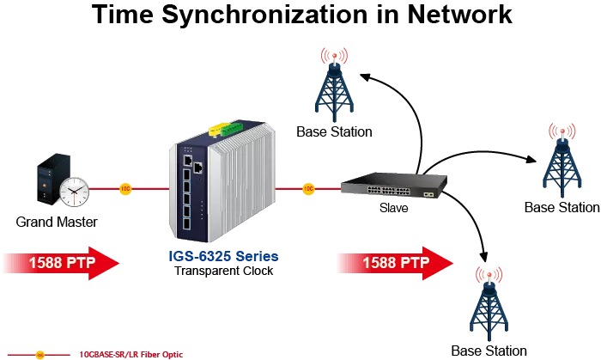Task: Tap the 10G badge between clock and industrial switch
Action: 124,188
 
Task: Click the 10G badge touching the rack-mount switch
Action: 308,187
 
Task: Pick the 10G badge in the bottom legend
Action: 39,353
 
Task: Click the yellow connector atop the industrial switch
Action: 214,131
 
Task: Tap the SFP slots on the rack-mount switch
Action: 427,194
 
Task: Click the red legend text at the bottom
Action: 132,353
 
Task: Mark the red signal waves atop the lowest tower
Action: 489,276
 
